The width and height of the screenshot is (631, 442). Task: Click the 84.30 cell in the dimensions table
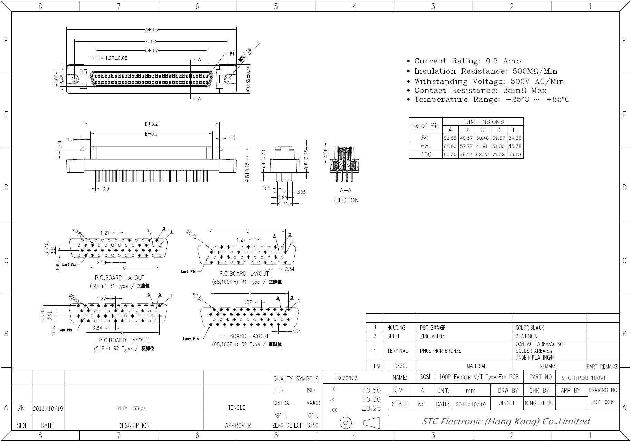click(450, 154)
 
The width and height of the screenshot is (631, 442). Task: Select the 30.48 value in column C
click(482, 138)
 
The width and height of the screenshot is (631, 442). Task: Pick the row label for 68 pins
click(425, 146)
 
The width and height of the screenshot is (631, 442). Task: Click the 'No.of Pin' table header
click(425, 125)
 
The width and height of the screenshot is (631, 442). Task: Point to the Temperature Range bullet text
click(492, 100)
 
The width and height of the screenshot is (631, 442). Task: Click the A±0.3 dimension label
click(151, 30)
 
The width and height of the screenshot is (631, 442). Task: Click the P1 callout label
click(232, 54)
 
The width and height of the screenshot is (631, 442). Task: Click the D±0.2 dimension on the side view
click(151, 124)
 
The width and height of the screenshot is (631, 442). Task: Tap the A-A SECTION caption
click(346, 195)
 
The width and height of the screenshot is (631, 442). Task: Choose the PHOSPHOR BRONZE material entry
click(440, 351)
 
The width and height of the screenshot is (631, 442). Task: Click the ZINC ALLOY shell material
click(433, 336)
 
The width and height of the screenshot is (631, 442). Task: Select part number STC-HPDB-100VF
click(584, 378)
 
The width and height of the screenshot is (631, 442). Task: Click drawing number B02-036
click(603, 402)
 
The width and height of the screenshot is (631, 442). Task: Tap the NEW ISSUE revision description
click(132, 408)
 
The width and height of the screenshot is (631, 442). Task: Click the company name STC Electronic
click(505, 421)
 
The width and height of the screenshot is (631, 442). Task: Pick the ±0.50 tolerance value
click(371, 390)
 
